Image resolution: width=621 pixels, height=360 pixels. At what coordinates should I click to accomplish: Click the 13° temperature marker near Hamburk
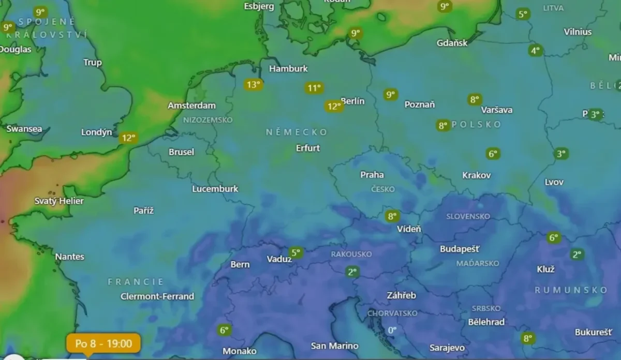[x=253, y=84]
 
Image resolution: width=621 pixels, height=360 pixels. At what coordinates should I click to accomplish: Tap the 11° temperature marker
[x=313, y=88]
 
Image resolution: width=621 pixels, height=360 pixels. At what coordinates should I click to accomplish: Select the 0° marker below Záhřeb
[x=392, y=330]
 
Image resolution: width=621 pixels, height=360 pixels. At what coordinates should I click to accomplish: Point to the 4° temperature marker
[x=535, y=50]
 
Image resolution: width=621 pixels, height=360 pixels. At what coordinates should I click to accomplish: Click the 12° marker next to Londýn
[x=128, y=138]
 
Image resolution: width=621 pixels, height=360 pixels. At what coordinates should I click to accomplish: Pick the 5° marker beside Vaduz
[x=296, y=252]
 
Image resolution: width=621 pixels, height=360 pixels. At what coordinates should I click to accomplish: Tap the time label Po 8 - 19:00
[x=103, y=343]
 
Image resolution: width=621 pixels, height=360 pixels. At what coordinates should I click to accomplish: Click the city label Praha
[x=372, y=175]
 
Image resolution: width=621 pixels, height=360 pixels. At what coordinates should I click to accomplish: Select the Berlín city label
[x=353, y=101]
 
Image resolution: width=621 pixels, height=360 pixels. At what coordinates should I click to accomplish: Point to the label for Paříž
[x=143, y=210]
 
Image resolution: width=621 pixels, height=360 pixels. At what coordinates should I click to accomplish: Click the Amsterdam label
[x=191, y=106]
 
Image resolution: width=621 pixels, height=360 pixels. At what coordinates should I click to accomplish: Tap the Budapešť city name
[x=460, y=249]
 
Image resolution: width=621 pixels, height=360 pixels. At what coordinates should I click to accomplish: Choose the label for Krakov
[x=476, y=175]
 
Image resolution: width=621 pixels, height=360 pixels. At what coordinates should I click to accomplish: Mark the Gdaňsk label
[x=452, y=43]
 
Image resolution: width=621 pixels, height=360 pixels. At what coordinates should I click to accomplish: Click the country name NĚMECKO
[x=297, y=132]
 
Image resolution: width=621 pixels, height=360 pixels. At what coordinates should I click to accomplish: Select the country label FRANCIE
[x=136, y=282]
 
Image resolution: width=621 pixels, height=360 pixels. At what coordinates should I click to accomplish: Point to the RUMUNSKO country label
[x=571, y=290]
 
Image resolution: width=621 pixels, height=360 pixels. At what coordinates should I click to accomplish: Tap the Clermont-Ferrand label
[x=157, y=296]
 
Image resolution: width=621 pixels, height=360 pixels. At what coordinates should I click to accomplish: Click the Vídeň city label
[x=409, y=229]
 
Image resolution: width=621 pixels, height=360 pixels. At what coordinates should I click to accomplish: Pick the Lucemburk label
[x=215, y=189]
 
